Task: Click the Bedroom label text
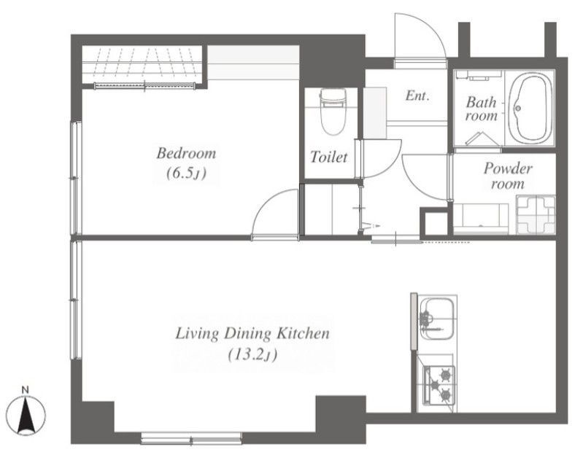coord(186,153)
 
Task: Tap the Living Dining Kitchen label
coord(252,333)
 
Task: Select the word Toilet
coord(328,157)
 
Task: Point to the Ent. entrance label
coord(417,96)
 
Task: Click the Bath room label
coord(482,109)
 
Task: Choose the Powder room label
coord(508,176)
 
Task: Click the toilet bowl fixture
coord(333,112)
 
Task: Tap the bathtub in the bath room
coord(530,108)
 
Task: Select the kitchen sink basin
coord(439,319)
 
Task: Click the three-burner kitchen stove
coord(439,385)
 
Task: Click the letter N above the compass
coord(26,390)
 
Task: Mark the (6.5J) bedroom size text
coord(185,173)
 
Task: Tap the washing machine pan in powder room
coord(536,214)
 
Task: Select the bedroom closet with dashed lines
coord(142,65)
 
